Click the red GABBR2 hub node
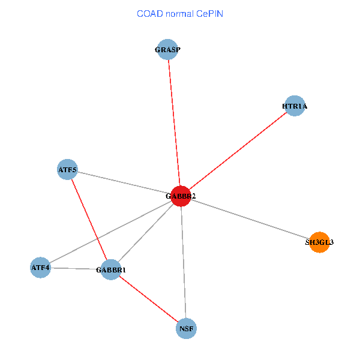pos(181,196)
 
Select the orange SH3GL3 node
pos(319,242)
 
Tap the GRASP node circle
pos(167,49)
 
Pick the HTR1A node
pos(295,106)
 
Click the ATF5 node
pos(67,169)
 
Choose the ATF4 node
pos(40,268)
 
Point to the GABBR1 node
pos(111,270)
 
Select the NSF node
pos(186,329)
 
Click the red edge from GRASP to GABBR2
pos(174,123)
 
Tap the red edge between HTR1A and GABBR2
pos(238,151)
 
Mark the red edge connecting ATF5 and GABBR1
pos(89,220)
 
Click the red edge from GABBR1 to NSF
pos(149,299)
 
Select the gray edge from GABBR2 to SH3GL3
pos(250,219)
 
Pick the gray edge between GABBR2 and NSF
pos(184,262)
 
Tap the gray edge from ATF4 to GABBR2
pos(110,232)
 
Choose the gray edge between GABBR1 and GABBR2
pos(146,233)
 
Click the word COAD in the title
pos(150,14)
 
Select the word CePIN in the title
pos(209,14)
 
